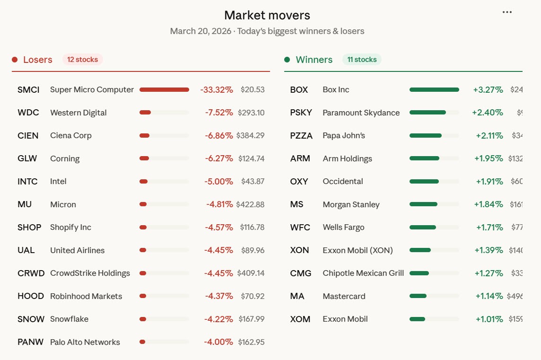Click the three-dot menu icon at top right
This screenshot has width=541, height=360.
click(x=507, y=12)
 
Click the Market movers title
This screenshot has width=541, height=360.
click(x=267, y=15)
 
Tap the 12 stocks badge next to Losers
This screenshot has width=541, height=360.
click(x=82, y=60)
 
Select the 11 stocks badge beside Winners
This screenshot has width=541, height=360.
click(x=362, y=60)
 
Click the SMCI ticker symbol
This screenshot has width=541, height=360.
click(x=28, y=90)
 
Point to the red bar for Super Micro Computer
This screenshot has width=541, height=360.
click(x=164, y=90)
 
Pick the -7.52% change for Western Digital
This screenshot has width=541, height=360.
click(x=219, y=113)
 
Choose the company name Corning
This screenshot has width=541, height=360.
click(x=65, y=158)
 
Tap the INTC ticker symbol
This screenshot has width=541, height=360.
click(x=27, y=182)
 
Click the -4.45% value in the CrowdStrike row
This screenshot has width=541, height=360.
click(x=218, y=273)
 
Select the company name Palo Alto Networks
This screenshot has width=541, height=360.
click(x=85, y=342)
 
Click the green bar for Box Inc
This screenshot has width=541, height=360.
click(x=434, y=90)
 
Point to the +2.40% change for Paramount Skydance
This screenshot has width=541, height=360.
click(x=488, y=113)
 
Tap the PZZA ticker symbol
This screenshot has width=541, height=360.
click(x=301, y=136)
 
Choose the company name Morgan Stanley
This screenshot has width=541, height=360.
click(x=351, y=204)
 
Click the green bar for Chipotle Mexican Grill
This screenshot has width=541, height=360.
click(x=419, y=273)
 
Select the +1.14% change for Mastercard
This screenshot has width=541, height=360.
click(x=489, y=296)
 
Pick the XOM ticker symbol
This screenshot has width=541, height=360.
click(x=300, y=319)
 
